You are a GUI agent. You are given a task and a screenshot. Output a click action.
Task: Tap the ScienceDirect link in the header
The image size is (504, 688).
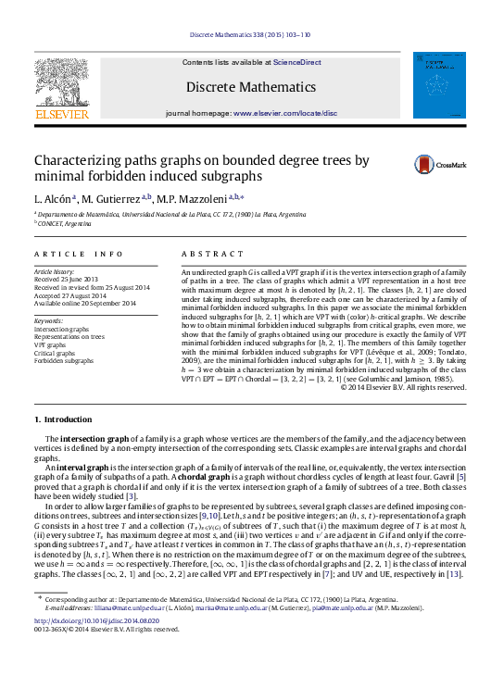pos(296,62)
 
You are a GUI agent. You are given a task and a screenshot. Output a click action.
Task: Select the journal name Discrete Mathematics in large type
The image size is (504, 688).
pos(250,87)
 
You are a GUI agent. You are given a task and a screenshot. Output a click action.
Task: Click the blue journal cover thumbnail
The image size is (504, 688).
pos(439,85)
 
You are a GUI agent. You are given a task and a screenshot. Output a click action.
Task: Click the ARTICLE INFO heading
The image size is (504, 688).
pos(79,253)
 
